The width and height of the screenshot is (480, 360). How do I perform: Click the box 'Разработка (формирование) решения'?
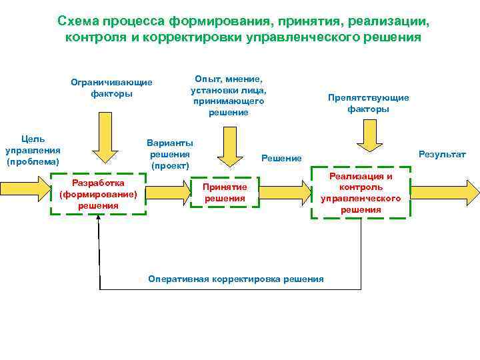(x=98, y=194)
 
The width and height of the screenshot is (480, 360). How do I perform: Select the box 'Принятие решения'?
(x=225, y=193)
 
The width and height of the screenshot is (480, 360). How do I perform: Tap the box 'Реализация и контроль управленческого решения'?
(x=361, y=193)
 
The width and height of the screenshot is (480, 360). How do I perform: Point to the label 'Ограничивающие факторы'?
(x=111, y=88)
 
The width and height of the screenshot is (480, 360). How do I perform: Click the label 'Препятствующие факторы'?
(x=368, y=103)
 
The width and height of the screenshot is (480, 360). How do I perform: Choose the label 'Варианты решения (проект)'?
(x=170, y=154)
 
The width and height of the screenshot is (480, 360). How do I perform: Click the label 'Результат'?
(x=442, y=154)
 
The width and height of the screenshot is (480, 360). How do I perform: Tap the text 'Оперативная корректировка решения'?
(x=235, y=279)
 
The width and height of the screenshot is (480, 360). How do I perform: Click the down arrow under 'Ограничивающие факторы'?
(x=105, y=138)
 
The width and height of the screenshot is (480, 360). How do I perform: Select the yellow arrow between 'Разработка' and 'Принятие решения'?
(x=168, y=193)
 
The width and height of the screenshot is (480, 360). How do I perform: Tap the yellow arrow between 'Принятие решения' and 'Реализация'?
(x=285, y=193)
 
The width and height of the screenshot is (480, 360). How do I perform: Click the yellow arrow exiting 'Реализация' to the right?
(x=445, y=193)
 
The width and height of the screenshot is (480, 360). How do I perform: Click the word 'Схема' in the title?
(x=79, y=21)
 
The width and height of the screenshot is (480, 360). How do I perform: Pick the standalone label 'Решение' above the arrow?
(x=281, y=158)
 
